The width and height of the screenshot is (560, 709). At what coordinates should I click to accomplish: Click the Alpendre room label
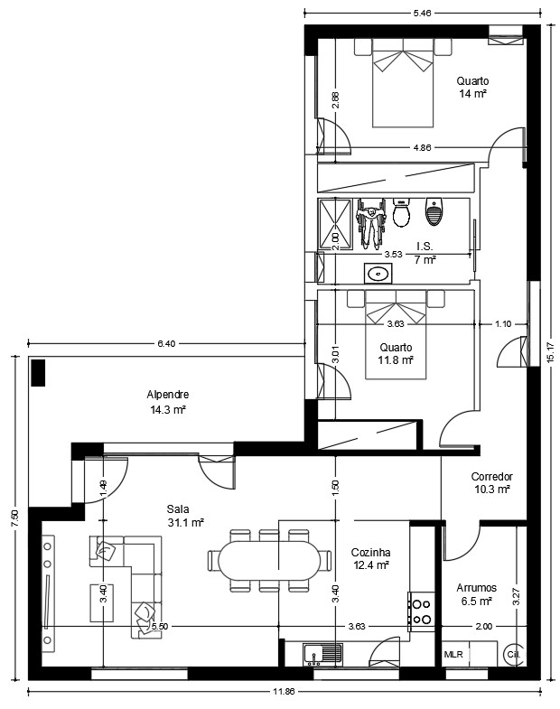[167, 395]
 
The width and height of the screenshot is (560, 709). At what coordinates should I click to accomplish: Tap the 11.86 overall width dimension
[284, 691]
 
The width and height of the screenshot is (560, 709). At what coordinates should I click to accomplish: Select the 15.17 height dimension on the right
[550, 352]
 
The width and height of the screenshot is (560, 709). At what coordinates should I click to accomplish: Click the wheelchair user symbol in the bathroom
[371, 224]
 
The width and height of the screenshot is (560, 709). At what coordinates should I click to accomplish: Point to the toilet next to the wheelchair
[401, 212]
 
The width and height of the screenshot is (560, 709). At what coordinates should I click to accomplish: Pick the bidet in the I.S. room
[434, 211]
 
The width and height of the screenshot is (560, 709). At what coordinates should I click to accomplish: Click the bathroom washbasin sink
[378, 274]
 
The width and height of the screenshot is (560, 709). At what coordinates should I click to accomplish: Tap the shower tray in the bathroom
[335, 224]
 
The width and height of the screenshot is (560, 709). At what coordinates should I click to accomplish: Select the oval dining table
[269, 561]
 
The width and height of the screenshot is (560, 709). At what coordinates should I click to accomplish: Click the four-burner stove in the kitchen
[422, 611]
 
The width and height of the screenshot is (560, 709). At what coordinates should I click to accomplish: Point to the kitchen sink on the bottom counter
[323, 655]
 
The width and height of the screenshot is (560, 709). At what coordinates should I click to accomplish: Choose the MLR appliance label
[453, 654]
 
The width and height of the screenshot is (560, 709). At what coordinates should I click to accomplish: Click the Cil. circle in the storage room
[514, 654]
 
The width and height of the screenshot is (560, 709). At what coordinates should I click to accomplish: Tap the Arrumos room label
[476, 588]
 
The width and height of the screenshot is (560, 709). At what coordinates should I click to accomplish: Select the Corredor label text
[491, 477]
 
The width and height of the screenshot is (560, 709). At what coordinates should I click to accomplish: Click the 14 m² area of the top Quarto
[472, 94]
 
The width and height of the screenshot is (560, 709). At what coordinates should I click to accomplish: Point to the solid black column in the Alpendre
[38, 373]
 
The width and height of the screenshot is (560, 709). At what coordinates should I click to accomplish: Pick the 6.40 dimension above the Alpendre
[166, 343]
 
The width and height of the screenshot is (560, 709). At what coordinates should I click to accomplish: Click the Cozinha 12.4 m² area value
[371, 564]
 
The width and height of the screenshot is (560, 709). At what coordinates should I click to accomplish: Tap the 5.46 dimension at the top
[422, 14]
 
